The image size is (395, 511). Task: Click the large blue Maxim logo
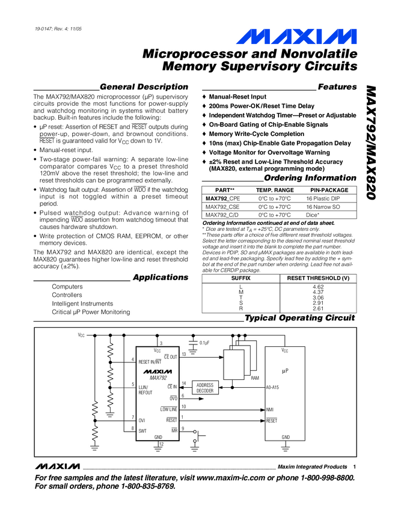click(x=296, y=37)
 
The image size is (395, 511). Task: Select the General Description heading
click(x=144, y=87)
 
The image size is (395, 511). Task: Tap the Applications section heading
click(x=161, y=277)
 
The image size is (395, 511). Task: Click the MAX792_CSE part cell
click(x=222, y=207)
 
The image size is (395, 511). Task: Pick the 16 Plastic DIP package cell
click(x=323, y=198)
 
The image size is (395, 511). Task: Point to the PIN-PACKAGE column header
click(x=329, y=190)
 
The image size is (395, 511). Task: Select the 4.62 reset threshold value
click(x=318, y=287)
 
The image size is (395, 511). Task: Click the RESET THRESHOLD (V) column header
click(x=318, y=278)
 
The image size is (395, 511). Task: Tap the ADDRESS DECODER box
click(x=205, y=388)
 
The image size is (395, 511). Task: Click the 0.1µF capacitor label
click(x=204, y=343)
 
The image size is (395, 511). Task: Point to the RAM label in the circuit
click(x=255, y=378)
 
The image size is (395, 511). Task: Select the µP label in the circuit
click(x=285, y=371)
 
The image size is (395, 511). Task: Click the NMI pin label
click(x=270, y=409)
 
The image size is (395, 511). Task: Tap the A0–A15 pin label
click(x=272, y=388)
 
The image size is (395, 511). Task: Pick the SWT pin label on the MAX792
click(x=142, y=431)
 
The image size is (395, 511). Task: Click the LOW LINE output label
click(x=169, y=409)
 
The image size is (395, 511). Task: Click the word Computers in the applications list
click(x=67, y=286)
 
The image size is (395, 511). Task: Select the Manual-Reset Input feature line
click(x=237, y=97)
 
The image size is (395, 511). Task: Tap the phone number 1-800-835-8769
click(x=149, y=486)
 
